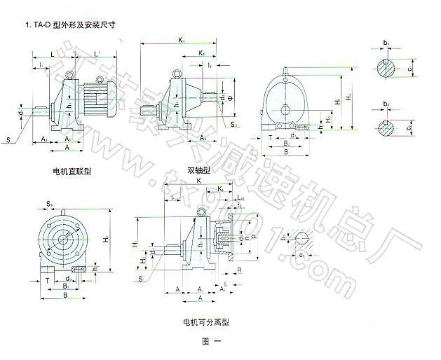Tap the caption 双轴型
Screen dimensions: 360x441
click(198, 170)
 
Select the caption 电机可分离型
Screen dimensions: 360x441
click(206, 323)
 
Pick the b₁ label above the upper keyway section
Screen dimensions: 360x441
click(386, 43)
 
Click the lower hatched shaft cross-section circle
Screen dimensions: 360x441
click(386, 129)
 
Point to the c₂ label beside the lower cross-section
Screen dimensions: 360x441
click(411, 128)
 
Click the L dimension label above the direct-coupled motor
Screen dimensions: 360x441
click(53, 53)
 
